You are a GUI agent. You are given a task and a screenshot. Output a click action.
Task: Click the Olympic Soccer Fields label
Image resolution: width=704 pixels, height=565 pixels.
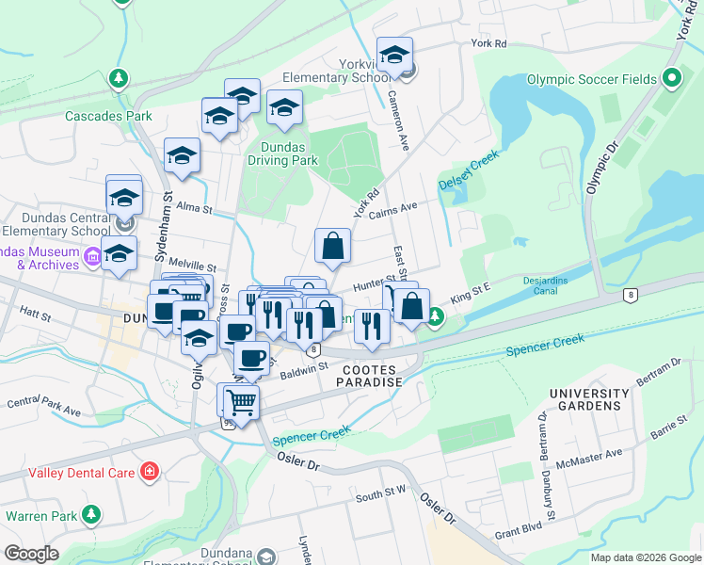[591, 79]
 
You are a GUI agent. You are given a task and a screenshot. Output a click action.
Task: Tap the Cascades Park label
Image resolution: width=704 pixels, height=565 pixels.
[109, 117]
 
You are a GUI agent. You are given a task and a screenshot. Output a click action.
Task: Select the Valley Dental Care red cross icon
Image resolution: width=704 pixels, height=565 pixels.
[149, 470]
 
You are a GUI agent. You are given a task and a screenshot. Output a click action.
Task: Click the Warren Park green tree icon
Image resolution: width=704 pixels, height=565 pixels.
[91, 515]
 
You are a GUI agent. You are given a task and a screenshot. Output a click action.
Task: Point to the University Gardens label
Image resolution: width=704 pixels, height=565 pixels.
[589, 399]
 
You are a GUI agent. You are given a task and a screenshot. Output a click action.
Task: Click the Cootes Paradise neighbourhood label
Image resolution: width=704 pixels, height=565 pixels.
[372, 376]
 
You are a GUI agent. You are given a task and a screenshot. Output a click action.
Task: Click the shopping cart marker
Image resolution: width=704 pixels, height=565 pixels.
[242, 402]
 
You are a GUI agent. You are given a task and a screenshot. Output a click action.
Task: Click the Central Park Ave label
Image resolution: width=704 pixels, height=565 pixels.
[44, 407]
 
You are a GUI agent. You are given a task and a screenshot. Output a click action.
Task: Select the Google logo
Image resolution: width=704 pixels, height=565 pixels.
[31, 554]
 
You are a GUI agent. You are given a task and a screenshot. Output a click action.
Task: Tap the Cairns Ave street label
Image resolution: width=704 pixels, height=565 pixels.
[393, 208]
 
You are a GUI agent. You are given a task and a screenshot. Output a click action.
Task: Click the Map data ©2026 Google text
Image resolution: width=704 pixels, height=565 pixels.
[645, 557]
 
